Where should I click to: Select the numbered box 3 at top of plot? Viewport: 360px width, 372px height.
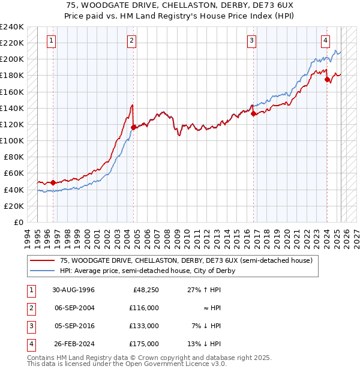pyautogui.click(x=251, y=41)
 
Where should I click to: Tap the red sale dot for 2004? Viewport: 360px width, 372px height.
pyautogui.click(x=133, y=127)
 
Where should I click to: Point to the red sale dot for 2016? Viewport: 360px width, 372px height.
pyautogui.click(x=253, y=113)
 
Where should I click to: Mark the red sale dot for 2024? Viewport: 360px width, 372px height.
pyautogui.click(x=327, y=79)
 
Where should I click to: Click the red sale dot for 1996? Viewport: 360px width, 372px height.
pyautogui.click(x=53, y=182)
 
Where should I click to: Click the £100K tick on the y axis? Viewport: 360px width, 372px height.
pyautogui.click(x=12, y=140)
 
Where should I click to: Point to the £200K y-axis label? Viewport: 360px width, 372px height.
pyautogui.click(x=12, y=59)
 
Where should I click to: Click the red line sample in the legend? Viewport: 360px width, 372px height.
pyautogui.click(x=43, y=261)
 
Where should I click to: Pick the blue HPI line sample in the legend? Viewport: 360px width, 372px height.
pyautogui.click(x=43, y=271)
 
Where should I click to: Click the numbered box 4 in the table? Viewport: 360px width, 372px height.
pyautogui.click(x=30, y=344)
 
